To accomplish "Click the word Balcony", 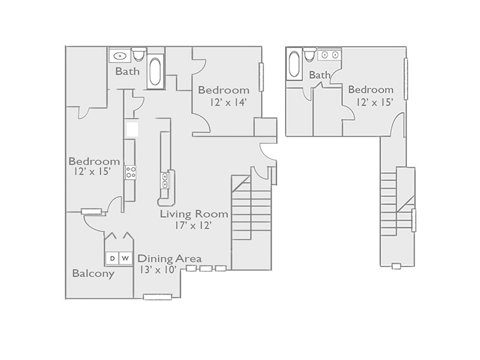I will click(93, 274).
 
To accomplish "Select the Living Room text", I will click(194, 214).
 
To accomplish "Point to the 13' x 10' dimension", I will click(157, 270).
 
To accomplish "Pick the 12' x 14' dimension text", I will click(229, 102).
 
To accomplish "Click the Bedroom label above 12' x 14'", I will click(223, 91).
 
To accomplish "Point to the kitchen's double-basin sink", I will click(164, 180).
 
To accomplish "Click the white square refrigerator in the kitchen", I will click(132, 130).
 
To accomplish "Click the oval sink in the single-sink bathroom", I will click(119, 56).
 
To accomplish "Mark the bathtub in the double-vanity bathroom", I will click(295, 65).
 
